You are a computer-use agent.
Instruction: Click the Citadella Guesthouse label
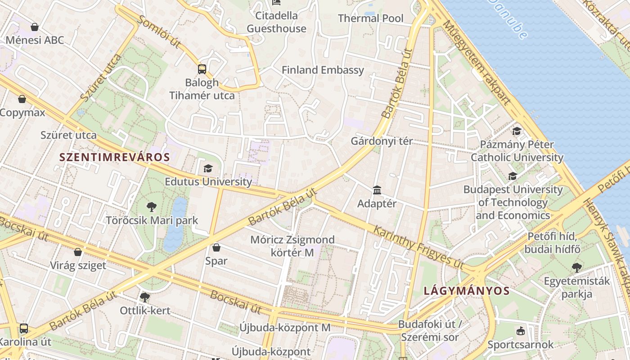(x=276, y=22)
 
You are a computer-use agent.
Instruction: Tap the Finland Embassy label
(x=323, y=70)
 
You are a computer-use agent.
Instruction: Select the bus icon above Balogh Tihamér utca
(x=202, y=69)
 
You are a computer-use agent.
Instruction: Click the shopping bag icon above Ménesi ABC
(x=35, y=27)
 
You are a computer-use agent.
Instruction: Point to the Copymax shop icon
(x=22, y=99)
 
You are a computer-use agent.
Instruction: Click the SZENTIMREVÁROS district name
(x=115, y=157)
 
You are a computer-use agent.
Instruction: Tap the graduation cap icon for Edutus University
(x=208, y=169)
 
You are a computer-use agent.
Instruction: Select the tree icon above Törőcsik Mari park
(x=152, y=207)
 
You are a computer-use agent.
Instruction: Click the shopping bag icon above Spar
(x=216, y=247)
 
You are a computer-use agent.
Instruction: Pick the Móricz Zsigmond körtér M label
(x=292, y=246)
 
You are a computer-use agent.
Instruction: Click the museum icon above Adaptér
(x=377, y=190)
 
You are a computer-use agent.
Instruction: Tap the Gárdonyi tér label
(x=382, y=141)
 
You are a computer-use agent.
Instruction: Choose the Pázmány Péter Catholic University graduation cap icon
(x=517, y=131)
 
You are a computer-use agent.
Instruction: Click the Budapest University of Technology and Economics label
(x=513, y=202)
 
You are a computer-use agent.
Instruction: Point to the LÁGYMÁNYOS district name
(x=467, y=291)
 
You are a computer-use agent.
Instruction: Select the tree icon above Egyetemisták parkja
(x=576, y=268)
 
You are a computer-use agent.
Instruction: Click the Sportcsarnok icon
(x=521, y=331)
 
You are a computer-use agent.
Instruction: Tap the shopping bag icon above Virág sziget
(x=78, y=252)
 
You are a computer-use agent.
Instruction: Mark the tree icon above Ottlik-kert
(x=144, y=297)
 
